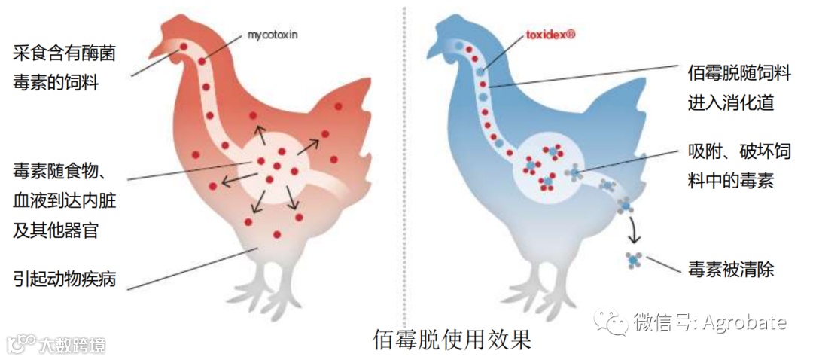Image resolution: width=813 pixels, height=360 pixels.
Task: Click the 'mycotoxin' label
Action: (273, 34)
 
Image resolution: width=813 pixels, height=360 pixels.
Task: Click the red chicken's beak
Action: (154, 52)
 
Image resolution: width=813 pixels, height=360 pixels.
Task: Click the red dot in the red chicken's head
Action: (182, 47)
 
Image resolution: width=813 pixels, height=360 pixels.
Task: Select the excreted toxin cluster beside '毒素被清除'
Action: (635, 260)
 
